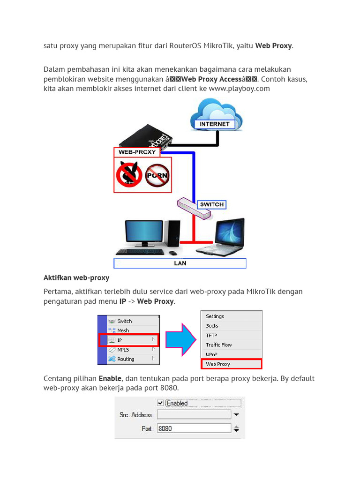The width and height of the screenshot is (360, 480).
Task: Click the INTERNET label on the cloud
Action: point(215,124)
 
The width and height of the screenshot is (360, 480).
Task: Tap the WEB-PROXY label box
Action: point(137,152)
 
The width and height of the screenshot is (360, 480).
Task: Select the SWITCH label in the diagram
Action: point(211,204)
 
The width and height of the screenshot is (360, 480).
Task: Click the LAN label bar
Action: point(180,263)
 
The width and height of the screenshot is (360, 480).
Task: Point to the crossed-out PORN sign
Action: point(157,175)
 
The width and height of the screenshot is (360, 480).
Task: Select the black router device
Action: point(145,138)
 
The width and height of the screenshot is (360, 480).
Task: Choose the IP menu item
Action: point(129,340)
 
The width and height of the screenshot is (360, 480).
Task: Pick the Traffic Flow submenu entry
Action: point(219,345)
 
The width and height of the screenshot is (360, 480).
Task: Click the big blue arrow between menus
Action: point(180,339)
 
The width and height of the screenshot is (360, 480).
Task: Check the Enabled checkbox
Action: point(160,403)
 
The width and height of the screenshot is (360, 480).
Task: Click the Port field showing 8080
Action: point(194,428)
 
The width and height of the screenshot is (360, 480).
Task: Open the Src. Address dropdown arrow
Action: point(237,415)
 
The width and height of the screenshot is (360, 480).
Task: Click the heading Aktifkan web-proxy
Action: point(76,278)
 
